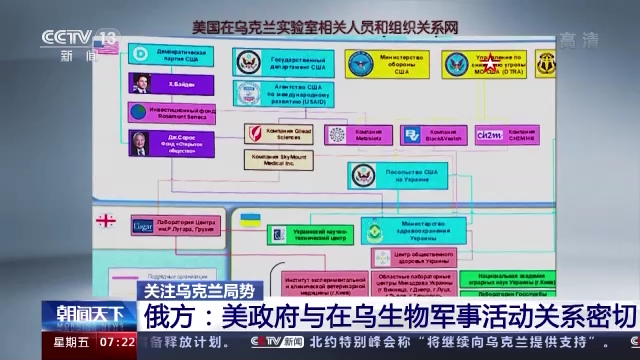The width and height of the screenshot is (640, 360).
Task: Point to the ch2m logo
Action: tap(490, 134)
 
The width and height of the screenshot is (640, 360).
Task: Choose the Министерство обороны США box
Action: tap(384, 64)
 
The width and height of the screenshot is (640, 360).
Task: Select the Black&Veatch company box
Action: tap(425, 134)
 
